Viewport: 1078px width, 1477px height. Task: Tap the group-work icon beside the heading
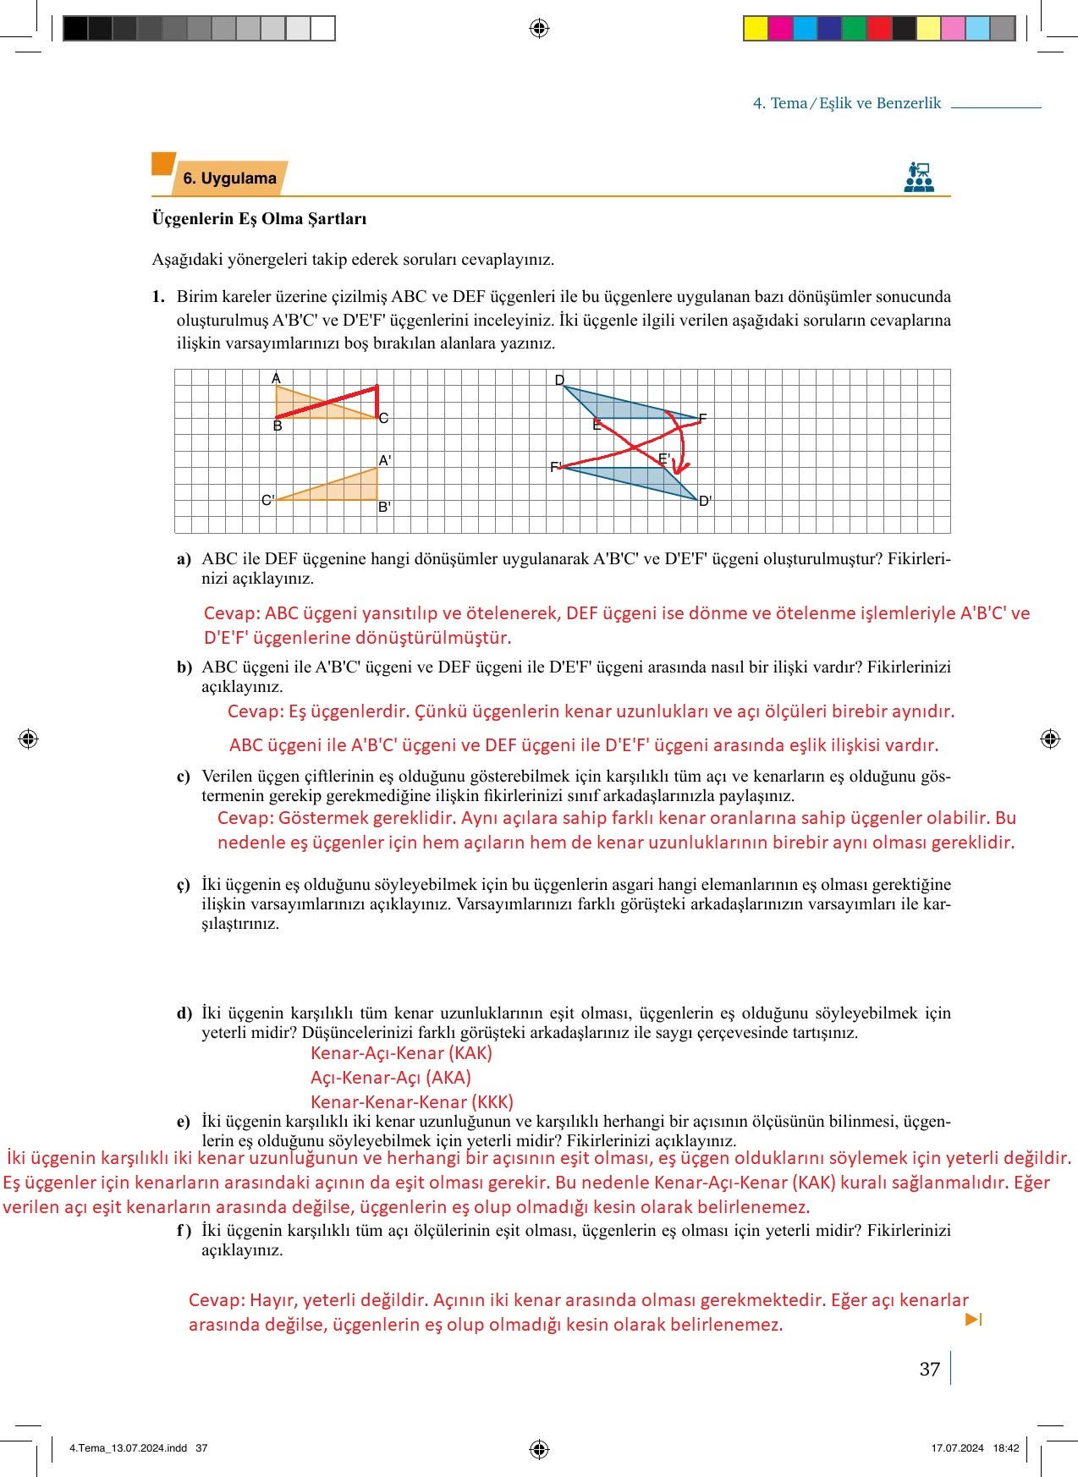(918, 178)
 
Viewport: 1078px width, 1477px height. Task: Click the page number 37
(929, 1369)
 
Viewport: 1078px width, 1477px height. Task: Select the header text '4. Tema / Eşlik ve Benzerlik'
(846, 103)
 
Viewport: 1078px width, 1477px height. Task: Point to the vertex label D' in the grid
(705, 501)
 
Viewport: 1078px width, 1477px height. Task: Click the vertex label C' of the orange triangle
(267, 500)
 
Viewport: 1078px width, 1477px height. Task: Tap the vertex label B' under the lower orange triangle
(384, 508)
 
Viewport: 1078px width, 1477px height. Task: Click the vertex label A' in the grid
(385, 461)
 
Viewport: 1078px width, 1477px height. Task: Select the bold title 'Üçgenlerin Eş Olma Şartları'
(259, 218)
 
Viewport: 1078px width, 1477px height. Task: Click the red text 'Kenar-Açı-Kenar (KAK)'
(401, 1053)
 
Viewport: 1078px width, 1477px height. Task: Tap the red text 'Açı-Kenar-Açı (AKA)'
(391, 1078)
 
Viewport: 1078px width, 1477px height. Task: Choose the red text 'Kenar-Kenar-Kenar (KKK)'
(412, 1102)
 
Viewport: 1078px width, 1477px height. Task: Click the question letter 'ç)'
(184, 885)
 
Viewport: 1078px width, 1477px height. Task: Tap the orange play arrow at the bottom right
(973, 1319)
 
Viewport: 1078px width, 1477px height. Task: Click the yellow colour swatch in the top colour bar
(755, 29)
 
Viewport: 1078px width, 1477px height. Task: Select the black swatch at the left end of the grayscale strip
(75, 29)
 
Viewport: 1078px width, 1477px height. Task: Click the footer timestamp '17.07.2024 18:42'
(975, 1447)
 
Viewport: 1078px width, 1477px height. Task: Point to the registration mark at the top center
(539, 29)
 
